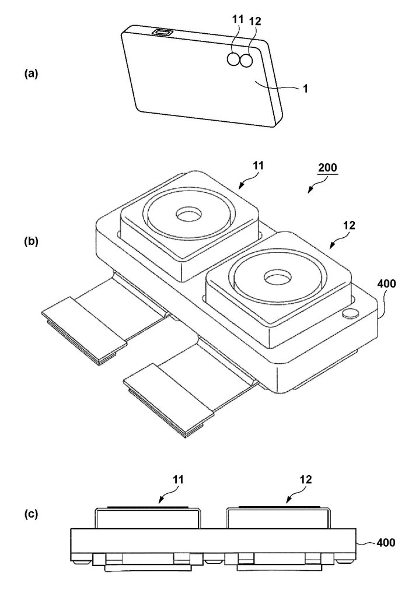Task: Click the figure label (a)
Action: click(x=31, y=73)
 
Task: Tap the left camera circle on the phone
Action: click(x=236, y=59)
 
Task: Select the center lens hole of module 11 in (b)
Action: click(x=189, y=215)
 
